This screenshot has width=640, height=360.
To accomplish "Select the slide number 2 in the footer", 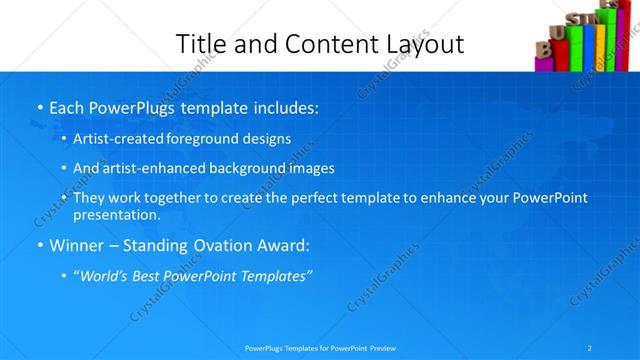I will [x=590, y=348].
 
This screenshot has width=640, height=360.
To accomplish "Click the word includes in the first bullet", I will [x=284, y=107].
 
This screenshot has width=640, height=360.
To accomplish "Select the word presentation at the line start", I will [x=116, y=214].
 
